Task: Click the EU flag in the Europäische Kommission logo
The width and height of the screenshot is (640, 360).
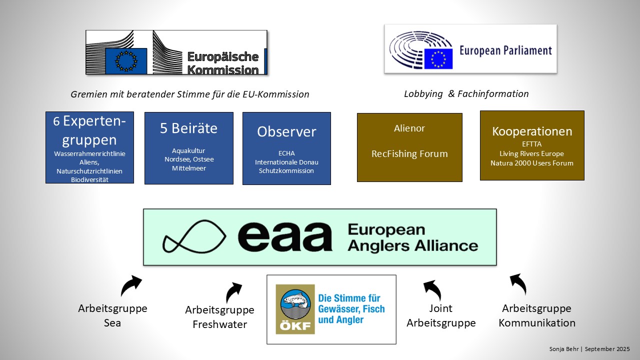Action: click(126, 61)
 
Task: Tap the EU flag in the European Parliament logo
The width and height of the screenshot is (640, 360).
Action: click(438, 59)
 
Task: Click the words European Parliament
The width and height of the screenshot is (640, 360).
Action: click(505, 51)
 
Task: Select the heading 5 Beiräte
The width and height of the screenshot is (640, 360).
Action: click(188, 128)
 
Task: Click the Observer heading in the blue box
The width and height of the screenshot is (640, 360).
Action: click(286, 131)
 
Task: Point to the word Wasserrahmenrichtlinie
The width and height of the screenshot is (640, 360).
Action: click(89, 154)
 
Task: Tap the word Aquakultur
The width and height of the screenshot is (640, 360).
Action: click(188, 150)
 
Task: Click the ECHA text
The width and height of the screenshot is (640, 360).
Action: click(286, 153)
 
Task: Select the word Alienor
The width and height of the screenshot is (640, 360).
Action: click(409, 128)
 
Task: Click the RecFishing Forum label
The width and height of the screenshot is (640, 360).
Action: click(409, 153)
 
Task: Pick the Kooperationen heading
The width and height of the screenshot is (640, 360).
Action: click(532, 131)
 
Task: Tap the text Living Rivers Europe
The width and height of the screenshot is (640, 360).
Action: click(532, 153)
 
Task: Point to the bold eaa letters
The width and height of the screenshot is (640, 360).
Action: click(285, 236)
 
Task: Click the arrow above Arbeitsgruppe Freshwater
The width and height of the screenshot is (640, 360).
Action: click(233, 291)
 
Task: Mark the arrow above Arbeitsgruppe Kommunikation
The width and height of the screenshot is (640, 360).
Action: click(518, 283)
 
